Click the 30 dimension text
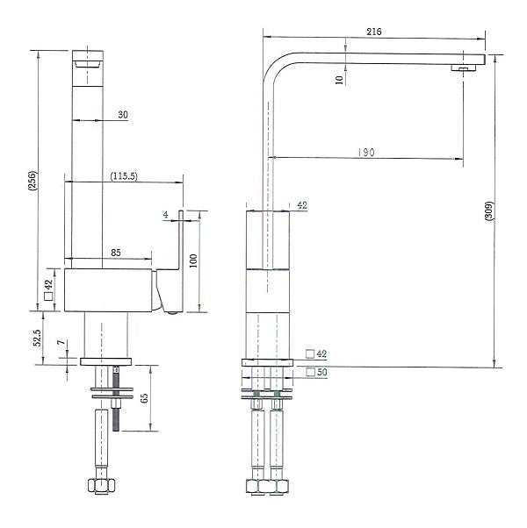[x=121, y=113]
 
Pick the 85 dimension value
[x=117, y=253]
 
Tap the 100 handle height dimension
[x=204, y=261]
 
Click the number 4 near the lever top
[x=165, y=213]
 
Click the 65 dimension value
[x=155, y=394]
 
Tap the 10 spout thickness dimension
[x=339, y=79]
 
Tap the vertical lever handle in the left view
[x=181, y=241]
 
